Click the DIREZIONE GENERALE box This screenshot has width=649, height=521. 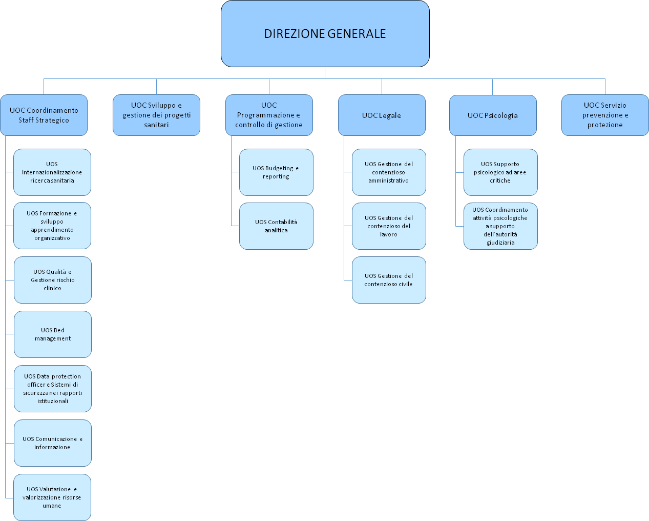(x=325, y=33)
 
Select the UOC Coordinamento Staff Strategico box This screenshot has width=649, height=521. (x=44, y=115)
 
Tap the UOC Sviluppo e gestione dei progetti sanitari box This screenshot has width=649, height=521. (x=156, y=115)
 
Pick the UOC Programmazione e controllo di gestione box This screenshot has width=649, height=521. (x=269, y=115)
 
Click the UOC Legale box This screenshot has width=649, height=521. (x=382, y=115)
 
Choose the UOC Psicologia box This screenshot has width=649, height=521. (x=493, y=115)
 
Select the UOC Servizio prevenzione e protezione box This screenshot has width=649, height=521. (x=605, y=115)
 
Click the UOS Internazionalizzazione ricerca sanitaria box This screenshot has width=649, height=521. (x=52, y=172)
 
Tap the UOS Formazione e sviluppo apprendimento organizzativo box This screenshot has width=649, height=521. (x=52, y=226)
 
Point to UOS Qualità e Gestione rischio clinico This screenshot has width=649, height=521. (x=53, y=280)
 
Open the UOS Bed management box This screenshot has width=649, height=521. (x=53, y=334)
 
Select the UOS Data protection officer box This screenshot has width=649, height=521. (x=53, y=389)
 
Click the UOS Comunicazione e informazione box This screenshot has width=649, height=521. (x=53, y=443)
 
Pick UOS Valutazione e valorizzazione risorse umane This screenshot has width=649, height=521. (x=52, y=497)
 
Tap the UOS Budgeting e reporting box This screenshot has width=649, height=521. (x=276, y=172)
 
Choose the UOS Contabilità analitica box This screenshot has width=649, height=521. (x=276, y=226)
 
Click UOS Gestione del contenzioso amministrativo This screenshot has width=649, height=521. (x=389, y=172)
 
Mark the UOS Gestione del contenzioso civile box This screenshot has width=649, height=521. (x=389, y=280)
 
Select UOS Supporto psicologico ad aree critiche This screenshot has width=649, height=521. (x=500, y=172)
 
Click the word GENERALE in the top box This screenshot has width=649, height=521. (x=357, y=34)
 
